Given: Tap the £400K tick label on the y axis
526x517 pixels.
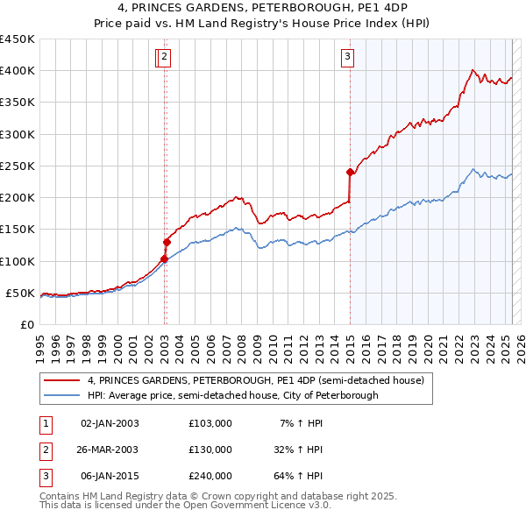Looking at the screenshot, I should coord(18,71).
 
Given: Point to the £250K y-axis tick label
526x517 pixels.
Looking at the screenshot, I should coord(18,166).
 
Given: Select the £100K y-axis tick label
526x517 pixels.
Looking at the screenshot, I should coord(18,261).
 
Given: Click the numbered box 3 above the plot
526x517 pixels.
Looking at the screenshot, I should coord(347,58).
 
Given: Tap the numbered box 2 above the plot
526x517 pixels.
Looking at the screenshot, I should coord(165,58).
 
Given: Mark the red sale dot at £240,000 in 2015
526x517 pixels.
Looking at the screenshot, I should coord(350,172).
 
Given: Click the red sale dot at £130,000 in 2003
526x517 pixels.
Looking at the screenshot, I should coord(167,242).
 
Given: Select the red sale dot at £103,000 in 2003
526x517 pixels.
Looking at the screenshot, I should coord(164,258).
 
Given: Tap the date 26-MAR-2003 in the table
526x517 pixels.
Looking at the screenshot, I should coord(109,450).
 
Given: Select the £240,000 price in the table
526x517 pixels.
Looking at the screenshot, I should coord(210,476).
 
